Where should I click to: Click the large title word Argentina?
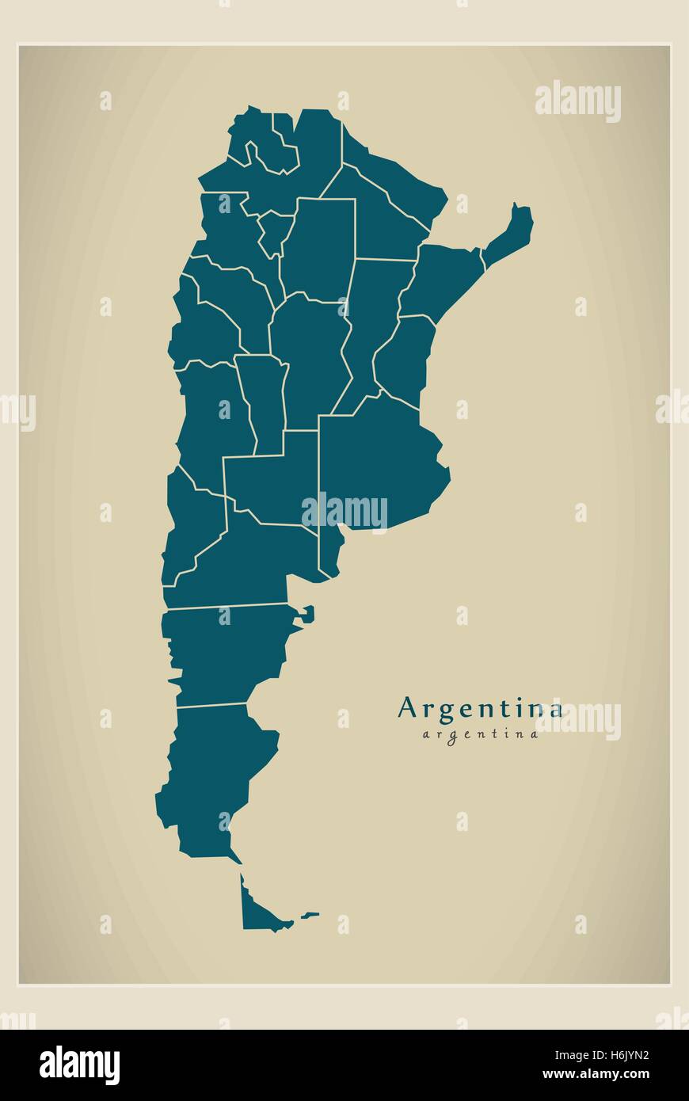click(480, 707)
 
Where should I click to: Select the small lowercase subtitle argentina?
click(480, 733)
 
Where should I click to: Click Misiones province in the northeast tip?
click(510, 234)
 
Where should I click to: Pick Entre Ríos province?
click(404, 356)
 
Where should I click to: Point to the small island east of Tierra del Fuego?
click(310, 915)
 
